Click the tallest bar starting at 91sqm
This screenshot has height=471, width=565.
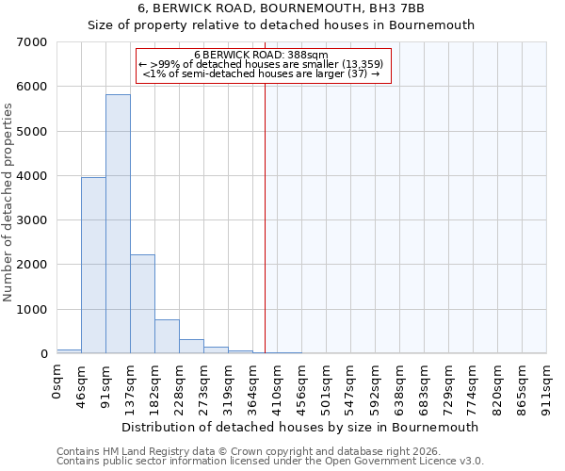[118, 224]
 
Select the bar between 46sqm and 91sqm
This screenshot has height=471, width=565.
[93, 266]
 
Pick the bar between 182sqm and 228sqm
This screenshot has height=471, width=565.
[167, 336]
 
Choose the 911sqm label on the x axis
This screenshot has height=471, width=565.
[547, 387]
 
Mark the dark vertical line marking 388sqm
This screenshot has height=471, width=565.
[265, 217]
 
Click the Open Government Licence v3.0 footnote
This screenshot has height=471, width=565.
[270, 462]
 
